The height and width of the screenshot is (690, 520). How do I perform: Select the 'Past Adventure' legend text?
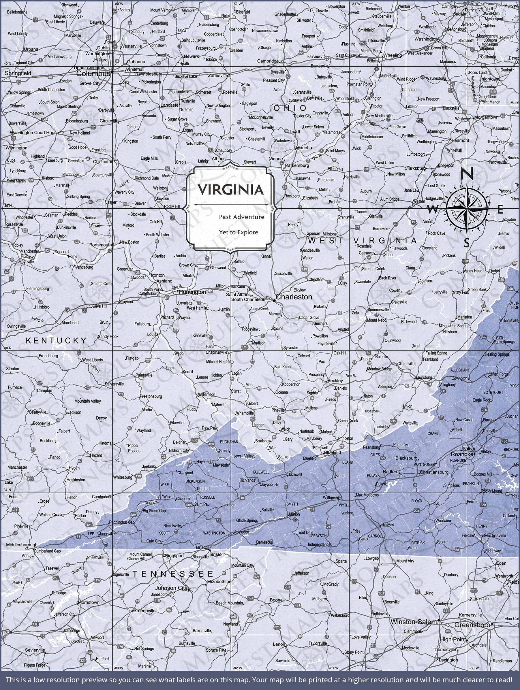click(x=241, y=217)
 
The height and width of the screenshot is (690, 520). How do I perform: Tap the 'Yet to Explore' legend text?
click(x=239, y=232)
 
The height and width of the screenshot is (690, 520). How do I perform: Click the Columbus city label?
click(x=93, y=74)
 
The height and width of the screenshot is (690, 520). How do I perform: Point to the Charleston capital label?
click(x=294, y=297)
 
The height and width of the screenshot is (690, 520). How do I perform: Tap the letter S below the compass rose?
click(x=466, y=242)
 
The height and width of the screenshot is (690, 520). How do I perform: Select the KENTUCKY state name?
click(x=56, y=340)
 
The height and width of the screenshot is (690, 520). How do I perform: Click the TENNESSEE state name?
click(x=173, y=574)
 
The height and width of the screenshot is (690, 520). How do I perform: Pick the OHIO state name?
click(x=290, y=108)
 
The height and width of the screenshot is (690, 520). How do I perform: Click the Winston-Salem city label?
click(x=413, y=622)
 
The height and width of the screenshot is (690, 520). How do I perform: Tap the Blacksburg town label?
click(x=406, y=458)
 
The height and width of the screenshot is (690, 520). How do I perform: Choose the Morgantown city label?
click(x=486, y=117)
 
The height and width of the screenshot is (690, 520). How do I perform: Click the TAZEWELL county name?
click(x=261, y=472)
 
